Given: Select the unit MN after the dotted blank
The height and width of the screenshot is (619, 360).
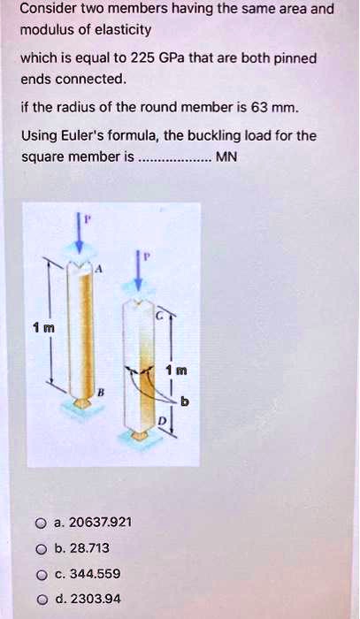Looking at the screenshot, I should [x=230, y=159].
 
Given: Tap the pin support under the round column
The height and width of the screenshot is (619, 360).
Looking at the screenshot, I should [x=82, y=403].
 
